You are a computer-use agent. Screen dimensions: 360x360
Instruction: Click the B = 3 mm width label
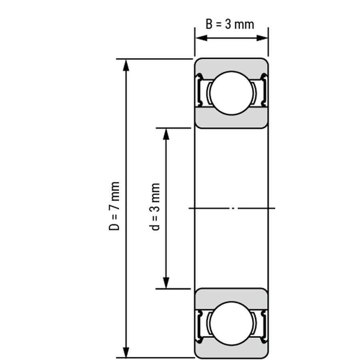click(x=230, y=24)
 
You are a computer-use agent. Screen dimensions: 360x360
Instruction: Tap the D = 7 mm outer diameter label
click(x=114, y=206)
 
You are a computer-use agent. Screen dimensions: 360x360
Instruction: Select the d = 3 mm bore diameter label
click(x=154, y=207)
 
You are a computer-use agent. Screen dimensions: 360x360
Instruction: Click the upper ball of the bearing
click(x=232, y=93)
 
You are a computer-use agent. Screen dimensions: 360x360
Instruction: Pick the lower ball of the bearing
click(x=232, y=323)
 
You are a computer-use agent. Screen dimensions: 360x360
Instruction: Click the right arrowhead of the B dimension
click(x=262, y=38)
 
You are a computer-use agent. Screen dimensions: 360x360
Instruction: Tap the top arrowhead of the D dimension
click(x=126, y=65)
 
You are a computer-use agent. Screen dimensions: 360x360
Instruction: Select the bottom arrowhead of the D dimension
click(x=126, y=351)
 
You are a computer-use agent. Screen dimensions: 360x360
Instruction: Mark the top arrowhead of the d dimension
click(x=166, y=134)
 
